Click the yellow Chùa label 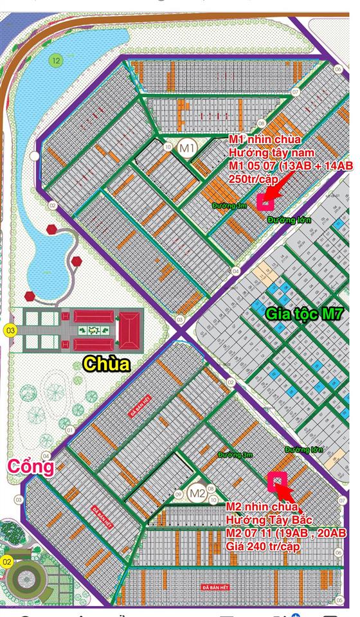pos(106,364)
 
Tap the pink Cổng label pos(30,467)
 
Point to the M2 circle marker pos(197,494)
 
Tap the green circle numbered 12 pos(56,61)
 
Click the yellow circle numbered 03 pos(10,331)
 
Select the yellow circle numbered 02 pos(8,561)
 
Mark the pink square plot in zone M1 pos(264,201)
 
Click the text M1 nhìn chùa pos(264,140)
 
